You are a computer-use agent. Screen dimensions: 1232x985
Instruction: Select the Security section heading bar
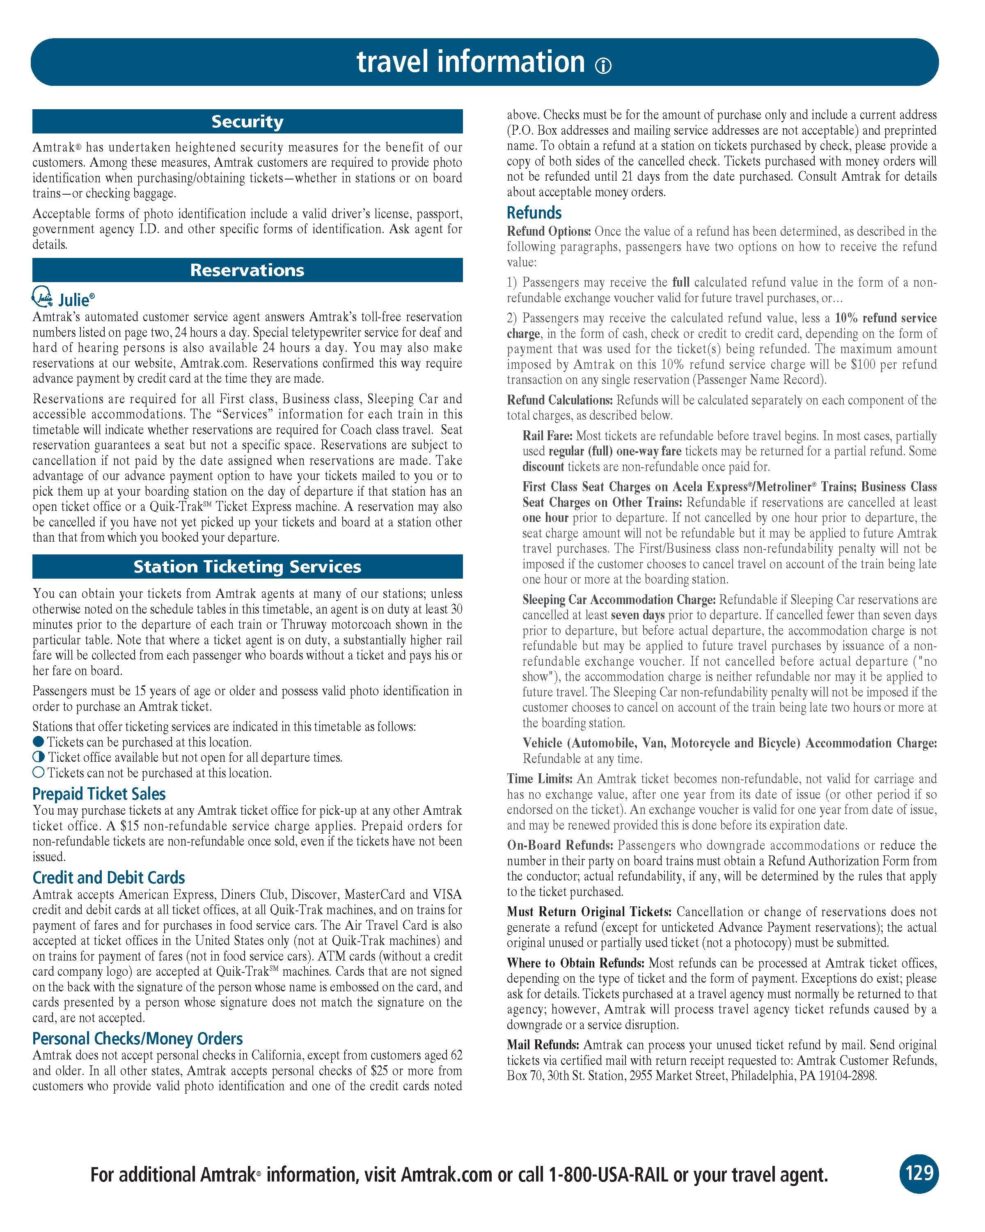coord(247,122)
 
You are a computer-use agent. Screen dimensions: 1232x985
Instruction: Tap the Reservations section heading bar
coord(247,270)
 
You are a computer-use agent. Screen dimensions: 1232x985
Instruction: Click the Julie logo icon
coord(42,297)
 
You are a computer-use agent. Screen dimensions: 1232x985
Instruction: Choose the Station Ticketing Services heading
coord(247,566)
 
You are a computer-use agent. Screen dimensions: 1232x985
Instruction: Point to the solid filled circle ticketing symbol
coord(38,742)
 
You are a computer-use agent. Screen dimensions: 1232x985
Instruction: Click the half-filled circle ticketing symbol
coord(38,757)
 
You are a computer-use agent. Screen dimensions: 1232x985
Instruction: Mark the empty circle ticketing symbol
coord(38,772)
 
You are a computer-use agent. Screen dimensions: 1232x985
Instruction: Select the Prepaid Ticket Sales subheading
coord(99,794)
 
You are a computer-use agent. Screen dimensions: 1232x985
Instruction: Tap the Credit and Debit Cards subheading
coord(108,878)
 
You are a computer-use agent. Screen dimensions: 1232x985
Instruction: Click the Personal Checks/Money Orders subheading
coord(137,1038)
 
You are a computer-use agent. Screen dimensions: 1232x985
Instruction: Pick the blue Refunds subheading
coord(534,213)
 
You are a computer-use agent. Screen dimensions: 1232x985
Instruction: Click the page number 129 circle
coord(919,1173)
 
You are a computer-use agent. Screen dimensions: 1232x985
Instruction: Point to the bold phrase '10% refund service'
coord(886,318)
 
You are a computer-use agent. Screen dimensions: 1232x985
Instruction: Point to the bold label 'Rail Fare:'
coord(547,436)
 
